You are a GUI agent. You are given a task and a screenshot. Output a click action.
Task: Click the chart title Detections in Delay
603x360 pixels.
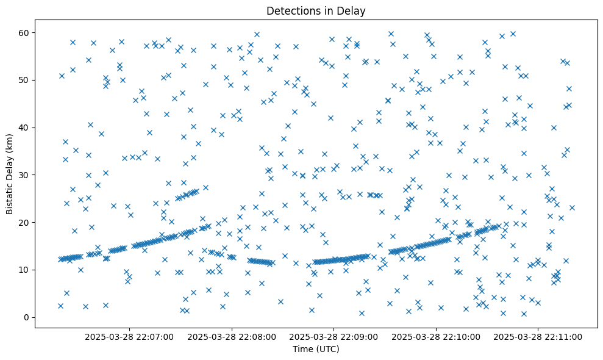[316, 11]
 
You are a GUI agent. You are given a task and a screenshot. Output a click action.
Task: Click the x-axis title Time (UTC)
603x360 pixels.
[316, 350]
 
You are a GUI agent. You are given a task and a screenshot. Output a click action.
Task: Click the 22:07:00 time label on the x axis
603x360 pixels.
[129, 336]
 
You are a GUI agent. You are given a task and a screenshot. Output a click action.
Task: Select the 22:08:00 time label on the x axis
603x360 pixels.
[232, 336]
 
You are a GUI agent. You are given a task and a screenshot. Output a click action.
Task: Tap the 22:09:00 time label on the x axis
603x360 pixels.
[334, 336]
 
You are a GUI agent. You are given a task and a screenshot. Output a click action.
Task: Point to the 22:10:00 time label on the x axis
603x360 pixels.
[436, 336]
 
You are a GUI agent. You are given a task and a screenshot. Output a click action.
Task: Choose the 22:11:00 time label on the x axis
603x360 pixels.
[538, 336]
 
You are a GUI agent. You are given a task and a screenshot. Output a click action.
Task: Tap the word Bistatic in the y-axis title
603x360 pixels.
[10, 193]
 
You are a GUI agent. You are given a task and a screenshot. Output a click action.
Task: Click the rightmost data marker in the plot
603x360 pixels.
[572, 207]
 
